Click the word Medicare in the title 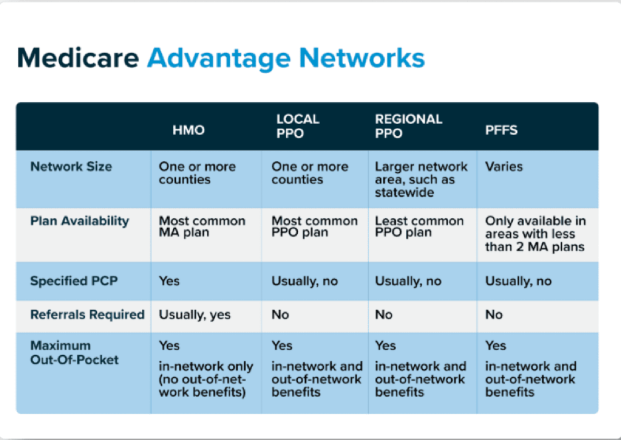pos(78,58)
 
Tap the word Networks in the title pos(362,58)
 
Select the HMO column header pos(188,130)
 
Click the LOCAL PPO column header pos(298,126)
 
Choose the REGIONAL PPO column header pos(409,126)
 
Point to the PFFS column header pos(502,130)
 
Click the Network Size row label pos(71,166)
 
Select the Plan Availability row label pos(80,221)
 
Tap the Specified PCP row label pos(74,281)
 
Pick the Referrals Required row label pos(88,315)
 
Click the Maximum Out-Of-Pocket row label pos(74,353)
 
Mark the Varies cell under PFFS pos(504,166)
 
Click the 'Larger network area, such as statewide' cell pos(421,180)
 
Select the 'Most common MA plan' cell pos(202,227)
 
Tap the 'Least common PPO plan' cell pos(419,227)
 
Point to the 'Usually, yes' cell pos(194,315)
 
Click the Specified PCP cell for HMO pos(169,281)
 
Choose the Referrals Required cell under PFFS pos(494,315)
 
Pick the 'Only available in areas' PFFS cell pos(535,234)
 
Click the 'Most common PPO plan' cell pos(314,227)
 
